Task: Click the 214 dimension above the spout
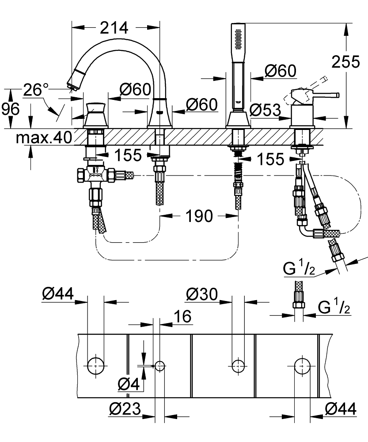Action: click(114, 27)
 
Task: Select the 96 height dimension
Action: click(10, 108)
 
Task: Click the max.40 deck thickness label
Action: click(44, 139)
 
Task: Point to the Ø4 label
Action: click(129, 385)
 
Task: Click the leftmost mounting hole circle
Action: click(95, 365)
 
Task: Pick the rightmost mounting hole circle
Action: click(302, 365)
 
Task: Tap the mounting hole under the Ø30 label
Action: click(238, 365)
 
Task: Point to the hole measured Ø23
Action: click(160, 365)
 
